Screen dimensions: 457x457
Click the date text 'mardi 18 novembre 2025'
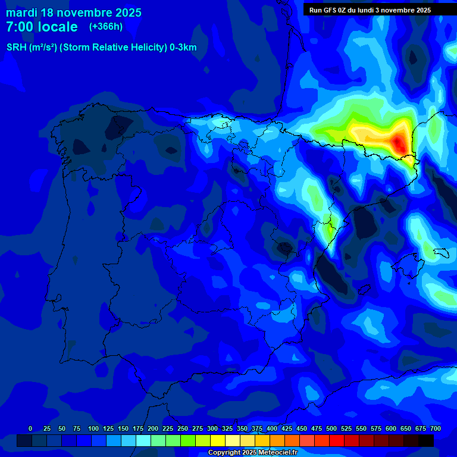click(x=74, y=12)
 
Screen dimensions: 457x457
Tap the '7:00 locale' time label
click(x=42, y=27)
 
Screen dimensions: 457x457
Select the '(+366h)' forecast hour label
click(x=105, y=26)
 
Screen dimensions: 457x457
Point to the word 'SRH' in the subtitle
click(x=17, y=48)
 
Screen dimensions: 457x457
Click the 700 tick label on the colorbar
click(x=435, y=428)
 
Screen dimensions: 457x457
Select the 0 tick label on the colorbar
click(x=30, y=428)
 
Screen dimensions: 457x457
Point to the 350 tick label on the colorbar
click(x=242, y=428)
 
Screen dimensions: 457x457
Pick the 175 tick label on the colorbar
click(x=138, y=428)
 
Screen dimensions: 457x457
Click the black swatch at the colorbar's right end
click(x=426, y=440)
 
